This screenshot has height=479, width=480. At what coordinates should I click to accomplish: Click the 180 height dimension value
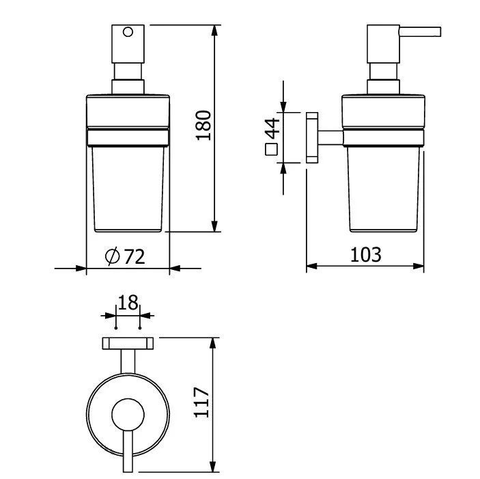(x=203, y=125)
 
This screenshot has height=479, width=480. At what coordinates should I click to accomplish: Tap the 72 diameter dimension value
(x=134, y=257)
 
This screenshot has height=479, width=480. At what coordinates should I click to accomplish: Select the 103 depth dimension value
(x=366, y=254)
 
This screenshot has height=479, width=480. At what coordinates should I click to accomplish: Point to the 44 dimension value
(x=272, y=128)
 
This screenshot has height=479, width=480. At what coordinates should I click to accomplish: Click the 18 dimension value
(x=128, y=303)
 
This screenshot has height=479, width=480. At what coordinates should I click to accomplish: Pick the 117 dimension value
(x=201, y=402)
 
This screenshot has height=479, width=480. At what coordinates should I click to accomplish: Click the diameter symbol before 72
(x=113, y=256)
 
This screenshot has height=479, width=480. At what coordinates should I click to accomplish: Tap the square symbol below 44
(x=272, y=150)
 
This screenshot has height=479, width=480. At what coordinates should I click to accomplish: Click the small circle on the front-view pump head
(x=128, y=32)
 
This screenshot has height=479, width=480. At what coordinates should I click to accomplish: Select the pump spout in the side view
(x=420, y=32)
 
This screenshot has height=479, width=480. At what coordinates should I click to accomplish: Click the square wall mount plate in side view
(x=312, y=137)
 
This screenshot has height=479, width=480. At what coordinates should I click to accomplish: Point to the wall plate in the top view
(x=128, y=343)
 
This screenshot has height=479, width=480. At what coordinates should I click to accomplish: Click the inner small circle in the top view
(x=128, y=415)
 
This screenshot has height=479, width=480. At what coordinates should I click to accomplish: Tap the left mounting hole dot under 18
(x=116, y=328)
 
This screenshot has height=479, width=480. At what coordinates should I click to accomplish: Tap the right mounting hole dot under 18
(x=140, y=328)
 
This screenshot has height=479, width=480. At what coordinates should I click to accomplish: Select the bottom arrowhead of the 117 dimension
(x=213, y=466)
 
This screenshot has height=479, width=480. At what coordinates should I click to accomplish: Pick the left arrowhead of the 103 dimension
(x=312, y=266)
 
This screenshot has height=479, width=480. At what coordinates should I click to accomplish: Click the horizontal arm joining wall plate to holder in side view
(x=330, y=137)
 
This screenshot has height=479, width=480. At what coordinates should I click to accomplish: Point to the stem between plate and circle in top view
(x=128, y=361)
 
